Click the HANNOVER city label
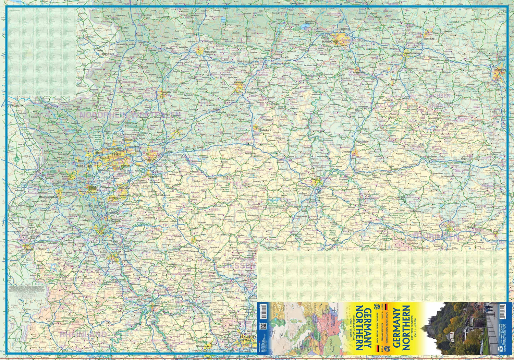330,41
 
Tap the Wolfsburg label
429,39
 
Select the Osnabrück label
210,52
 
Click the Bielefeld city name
238,83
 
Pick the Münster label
167,92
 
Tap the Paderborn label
265,130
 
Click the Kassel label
315,179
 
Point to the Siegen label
199,240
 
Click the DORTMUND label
149,160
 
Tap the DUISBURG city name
84,166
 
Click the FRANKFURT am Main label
247,339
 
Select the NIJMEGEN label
18,106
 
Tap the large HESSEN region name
240,266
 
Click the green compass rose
17,159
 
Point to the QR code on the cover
263,326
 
